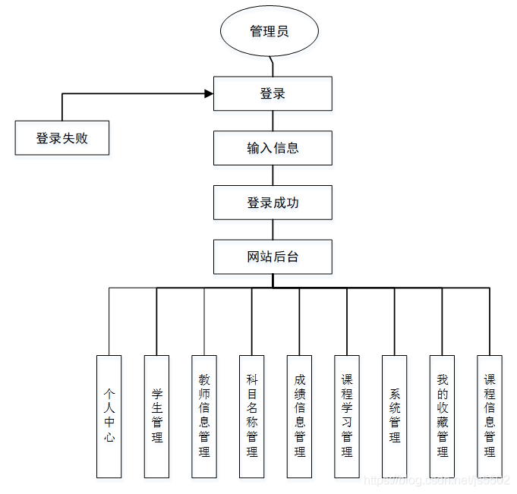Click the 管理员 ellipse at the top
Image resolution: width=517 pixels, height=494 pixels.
coord(269,32)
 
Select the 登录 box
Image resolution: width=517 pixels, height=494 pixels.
coord(273,93)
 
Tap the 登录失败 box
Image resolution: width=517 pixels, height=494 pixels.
coord(62,138)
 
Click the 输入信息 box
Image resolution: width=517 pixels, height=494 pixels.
coord(273,148)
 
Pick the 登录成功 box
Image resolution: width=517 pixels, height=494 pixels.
coord(273,203)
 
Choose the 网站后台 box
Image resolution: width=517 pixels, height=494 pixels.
coord(273,256)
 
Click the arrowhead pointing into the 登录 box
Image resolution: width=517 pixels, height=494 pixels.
coord(208,94)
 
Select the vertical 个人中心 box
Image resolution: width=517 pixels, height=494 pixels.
coord(109,416)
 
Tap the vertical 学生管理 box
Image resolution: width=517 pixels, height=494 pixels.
coord(157,416)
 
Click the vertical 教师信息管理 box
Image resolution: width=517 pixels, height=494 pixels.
coord(204,416)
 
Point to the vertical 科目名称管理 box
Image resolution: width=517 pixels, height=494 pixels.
coord(252,416)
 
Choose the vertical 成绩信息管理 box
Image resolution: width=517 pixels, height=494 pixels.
coord(300,416)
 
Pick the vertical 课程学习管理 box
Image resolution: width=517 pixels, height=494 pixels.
coord(347,416)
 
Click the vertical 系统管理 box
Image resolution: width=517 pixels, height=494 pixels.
coord(395,416)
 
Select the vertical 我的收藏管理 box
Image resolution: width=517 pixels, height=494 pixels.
coord(443,416)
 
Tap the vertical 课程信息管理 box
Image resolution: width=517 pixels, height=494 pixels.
coord(490,416)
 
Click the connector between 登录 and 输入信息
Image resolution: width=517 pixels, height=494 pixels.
coord(273,121)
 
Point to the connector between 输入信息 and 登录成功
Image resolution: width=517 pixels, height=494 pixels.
coord(273,175)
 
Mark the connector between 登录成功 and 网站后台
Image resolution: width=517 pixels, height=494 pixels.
coord(273,229)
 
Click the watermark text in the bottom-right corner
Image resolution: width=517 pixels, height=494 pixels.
coord(436,481)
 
